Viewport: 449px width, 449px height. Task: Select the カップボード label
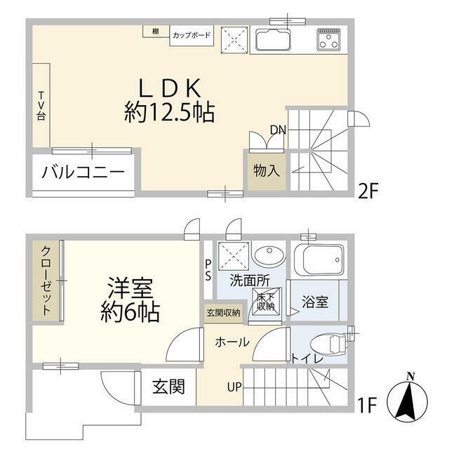(x=191, y=34)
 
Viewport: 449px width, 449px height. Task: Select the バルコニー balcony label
(x=83, y=172)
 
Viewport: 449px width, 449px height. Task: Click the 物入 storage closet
(x=266, y=170)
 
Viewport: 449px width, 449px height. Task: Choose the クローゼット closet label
(x=46, y=281)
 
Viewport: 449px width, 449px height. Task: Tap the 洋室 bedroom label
(x=131, y=287)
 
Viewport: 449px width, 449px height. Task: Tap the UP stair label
(x=234, y=386)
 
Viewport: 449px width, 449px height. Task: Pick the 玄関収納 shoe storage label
(x=223, y=312)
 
